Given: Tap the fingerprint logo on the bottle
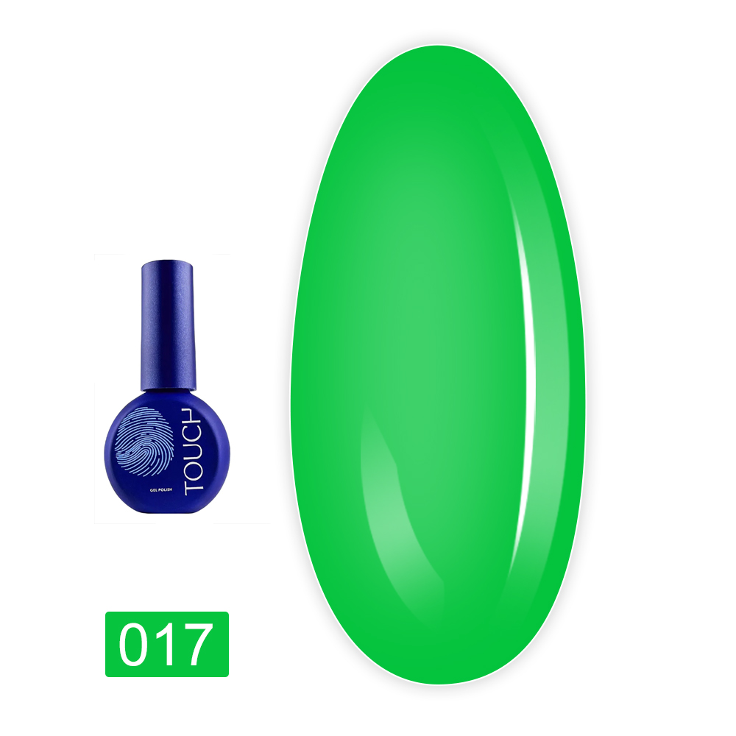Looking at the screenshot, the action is click(x=144, y=441).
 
